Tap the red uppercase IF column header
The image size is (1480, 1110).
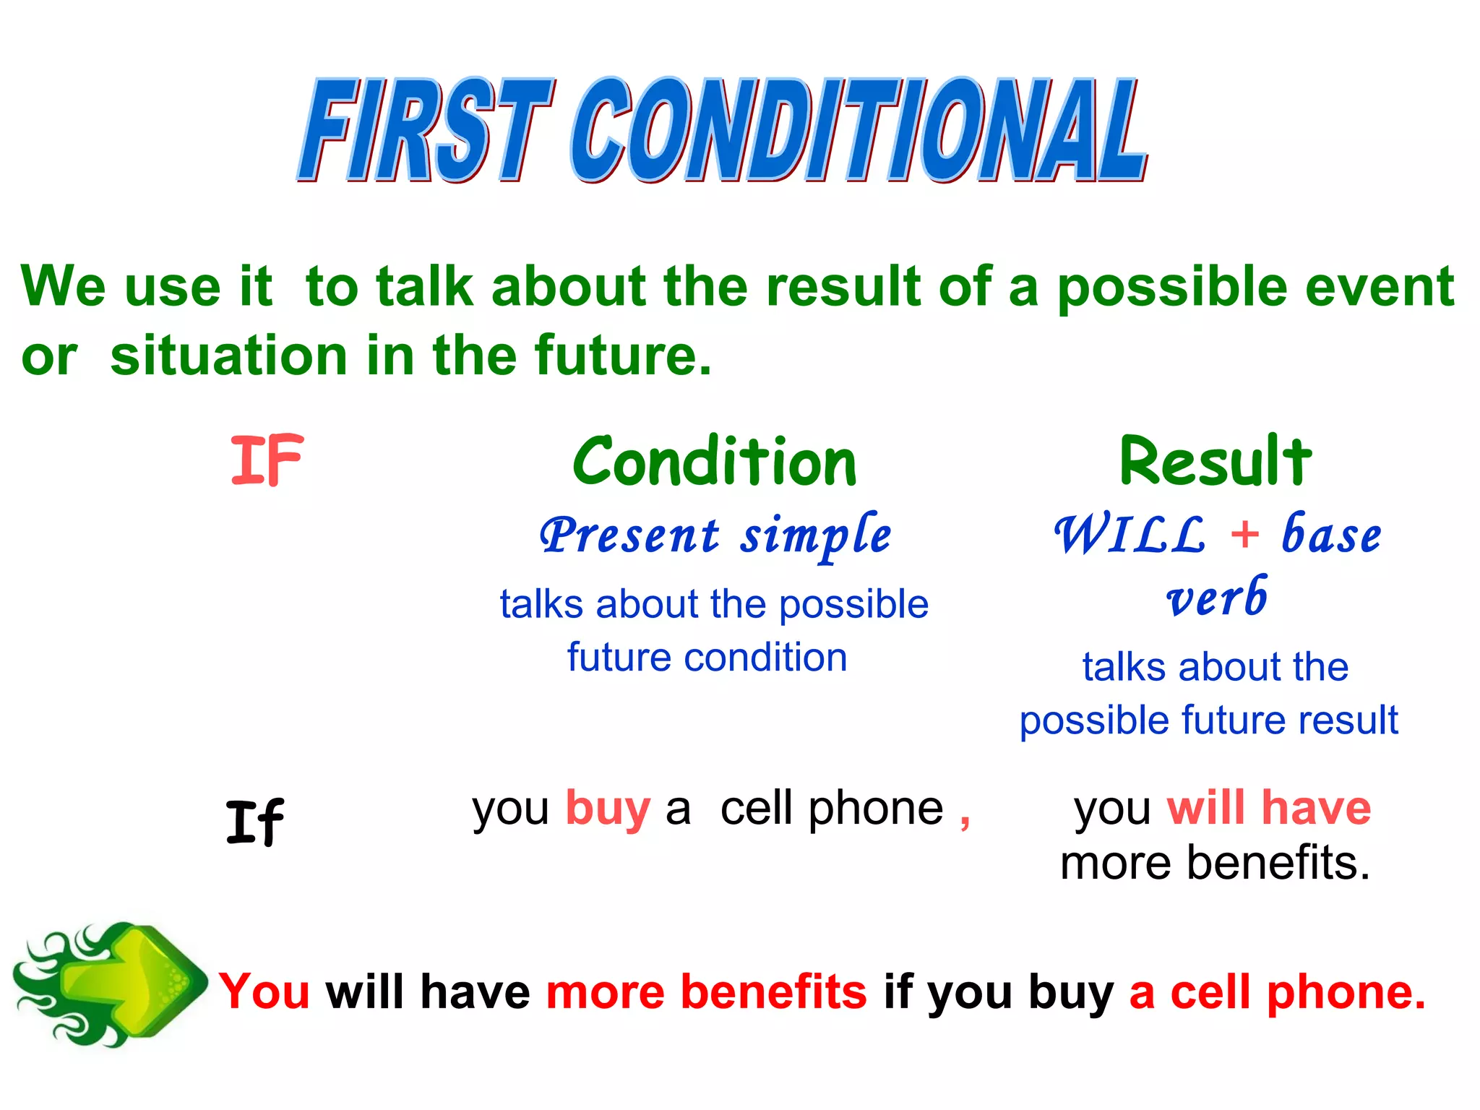(267, 460)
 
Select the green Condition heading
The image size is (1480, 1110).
(714, 462)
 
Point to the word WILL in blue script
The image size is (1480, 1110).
(1130, 536)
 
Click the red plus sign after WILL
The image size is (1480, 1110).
(1244, 535)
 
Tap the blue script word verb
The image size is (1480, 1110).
(1217, 598)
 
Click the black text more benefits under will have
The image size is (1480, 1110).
(1215, 863)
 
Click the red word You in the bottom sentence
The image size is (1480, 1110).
(264, 991)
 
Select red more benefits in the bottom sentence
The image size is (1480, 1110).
(706, 991)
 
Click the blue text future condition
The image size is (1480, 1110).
(707, 658)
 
